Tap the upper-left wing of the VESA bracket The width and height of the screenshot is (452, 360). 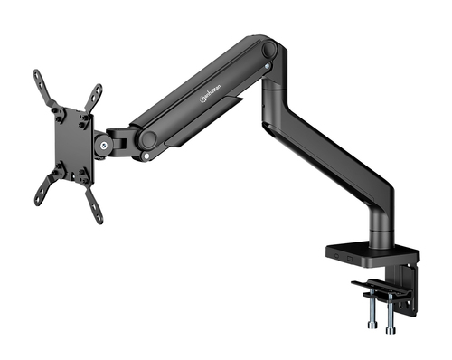[x=42, y=88]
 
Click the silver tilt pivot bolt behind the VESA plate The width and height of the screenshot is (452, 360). [x=108, y=144]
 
